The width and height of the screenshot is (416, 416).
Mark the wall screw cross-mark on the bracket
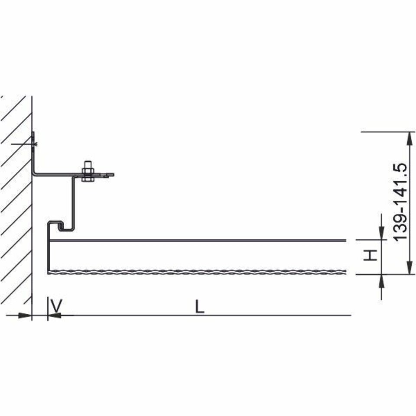click(x=34, y=144)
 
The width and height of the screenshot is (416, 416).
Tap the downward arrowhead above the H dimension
click(x=381, y=233)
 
